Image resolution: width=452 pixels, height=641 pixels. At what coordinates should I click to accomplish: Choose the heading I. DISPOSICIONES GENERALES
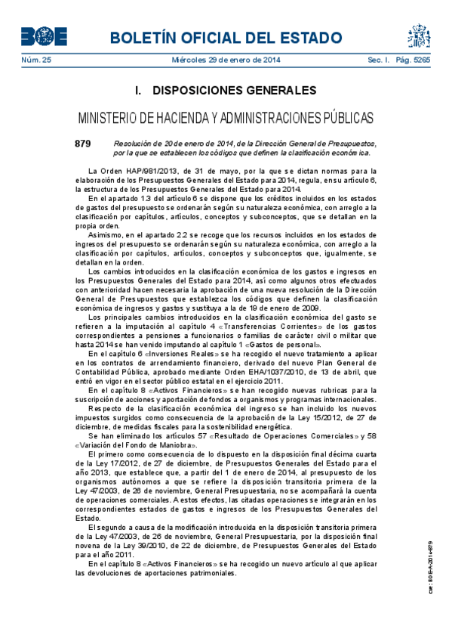(x=226, y=91)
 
